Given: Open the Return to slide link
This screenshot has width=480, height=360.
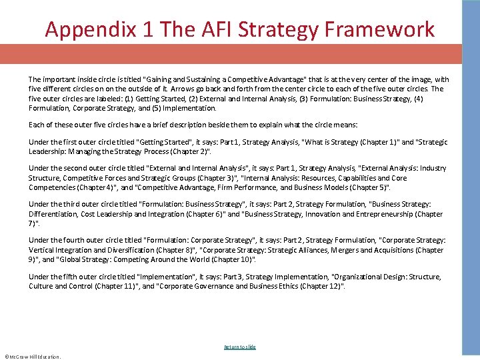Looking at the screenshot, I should tap(239, 347).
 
